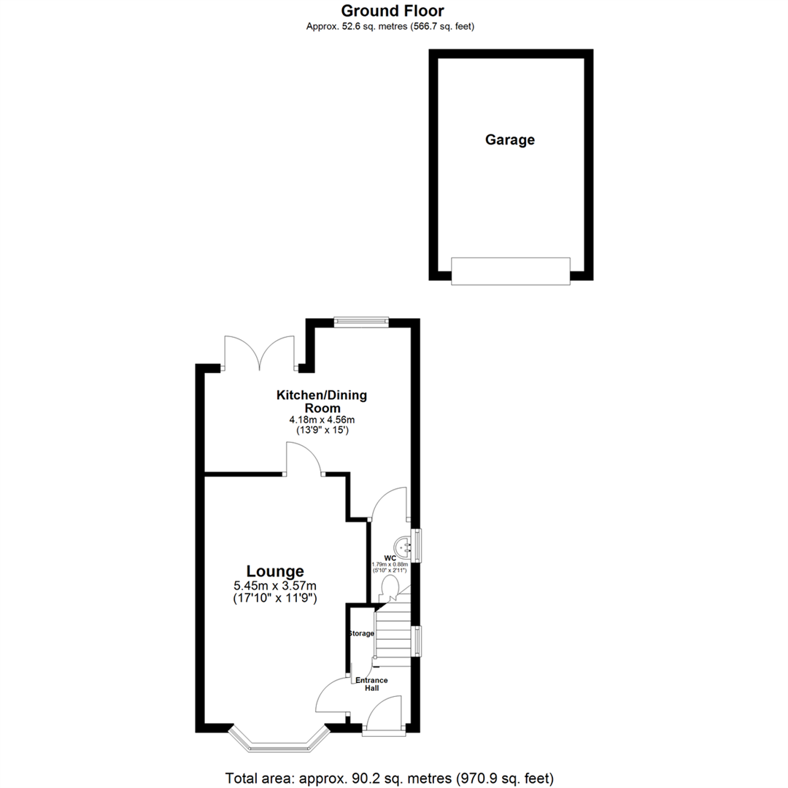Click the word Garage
510,139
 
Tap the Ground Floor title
393,11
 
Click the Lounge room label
275,571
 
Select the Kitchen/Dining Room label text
321,402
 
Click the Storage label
361,633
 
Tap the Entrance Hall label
371,684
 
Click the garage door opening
511,271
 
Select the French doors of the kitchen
260,353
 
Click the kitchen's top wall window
361,321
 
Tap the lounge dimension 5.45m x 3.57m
275,586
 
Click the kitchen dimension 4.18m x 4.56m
321,420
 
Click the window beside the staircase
416,641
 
